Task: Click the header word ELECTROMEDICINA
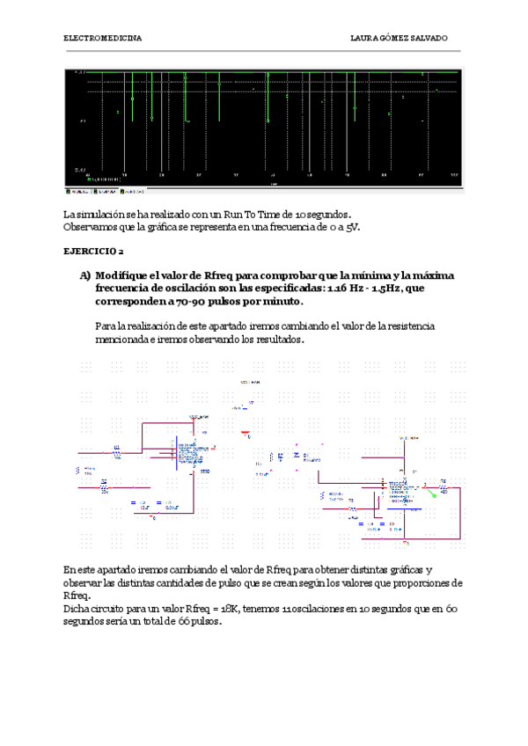point(103,39)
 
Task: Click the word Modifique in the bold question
point(122,275)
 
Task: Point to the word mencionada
point(122,340)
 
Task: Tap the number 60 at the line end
point(449,609)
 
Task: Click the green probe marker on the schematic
point(432,494)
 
